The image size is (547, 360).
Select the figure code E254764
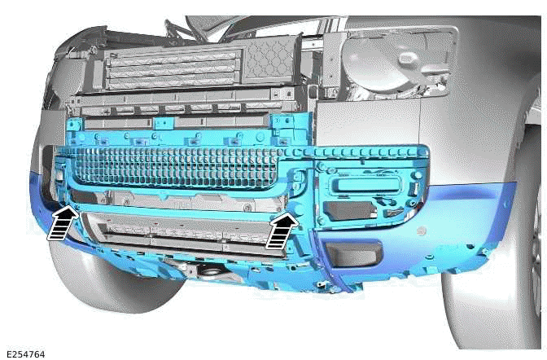point(24,354)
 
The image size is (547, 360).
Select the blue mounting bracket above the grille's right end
point(283,125)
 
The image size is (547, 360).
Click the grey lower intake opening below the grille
point(187,236)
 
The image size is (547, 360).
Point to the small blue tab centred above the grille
point(164,123)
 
